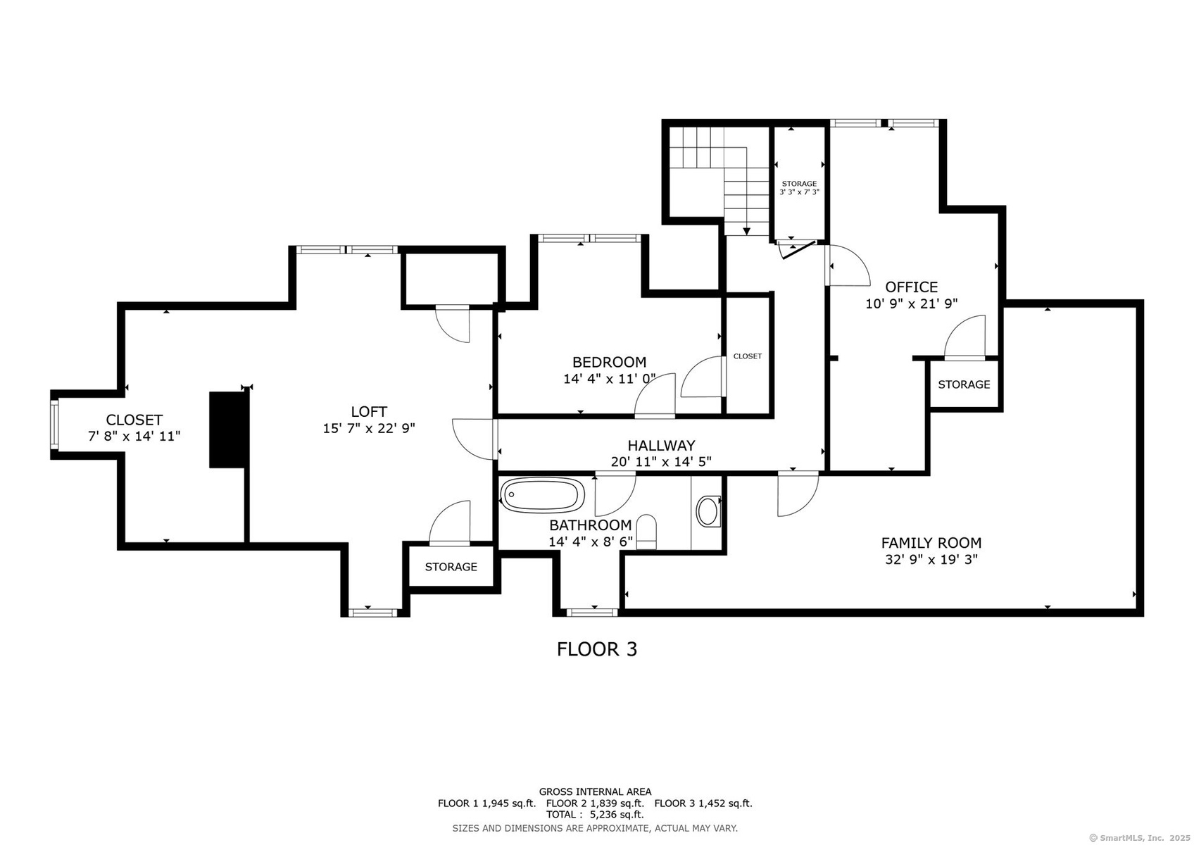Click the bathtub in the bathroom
[x=543, y=495]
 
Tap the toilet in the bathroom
[x=646, y=532]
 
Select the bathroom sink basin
[x=708, y=511]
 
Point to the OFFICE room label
[x=912, y=287]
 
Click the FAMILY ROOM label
[x=931, y=543]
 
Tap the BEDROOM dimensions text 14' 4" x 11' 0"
[x=609, y=379]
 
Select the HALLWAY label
[x=661, y=445]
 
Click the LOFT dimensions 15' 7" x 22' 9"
[x=369, y=428]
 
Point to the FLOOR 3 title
[x=597, y=649]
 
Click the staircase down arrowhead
[x=747, y=232]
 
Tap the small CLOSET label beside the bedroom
[x=748, y=356]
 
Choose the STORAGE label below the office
[x=964, y=384]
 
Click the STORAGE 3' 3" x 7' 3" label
[x=799, y=187]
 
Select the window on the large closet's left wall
[x=54, y=425]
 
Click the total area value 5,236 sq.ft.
[x=617, y=815]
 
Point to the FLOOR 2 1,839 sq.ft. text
[x=595, y=803]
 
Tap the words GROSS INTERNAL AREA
[x=595, y=791]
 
